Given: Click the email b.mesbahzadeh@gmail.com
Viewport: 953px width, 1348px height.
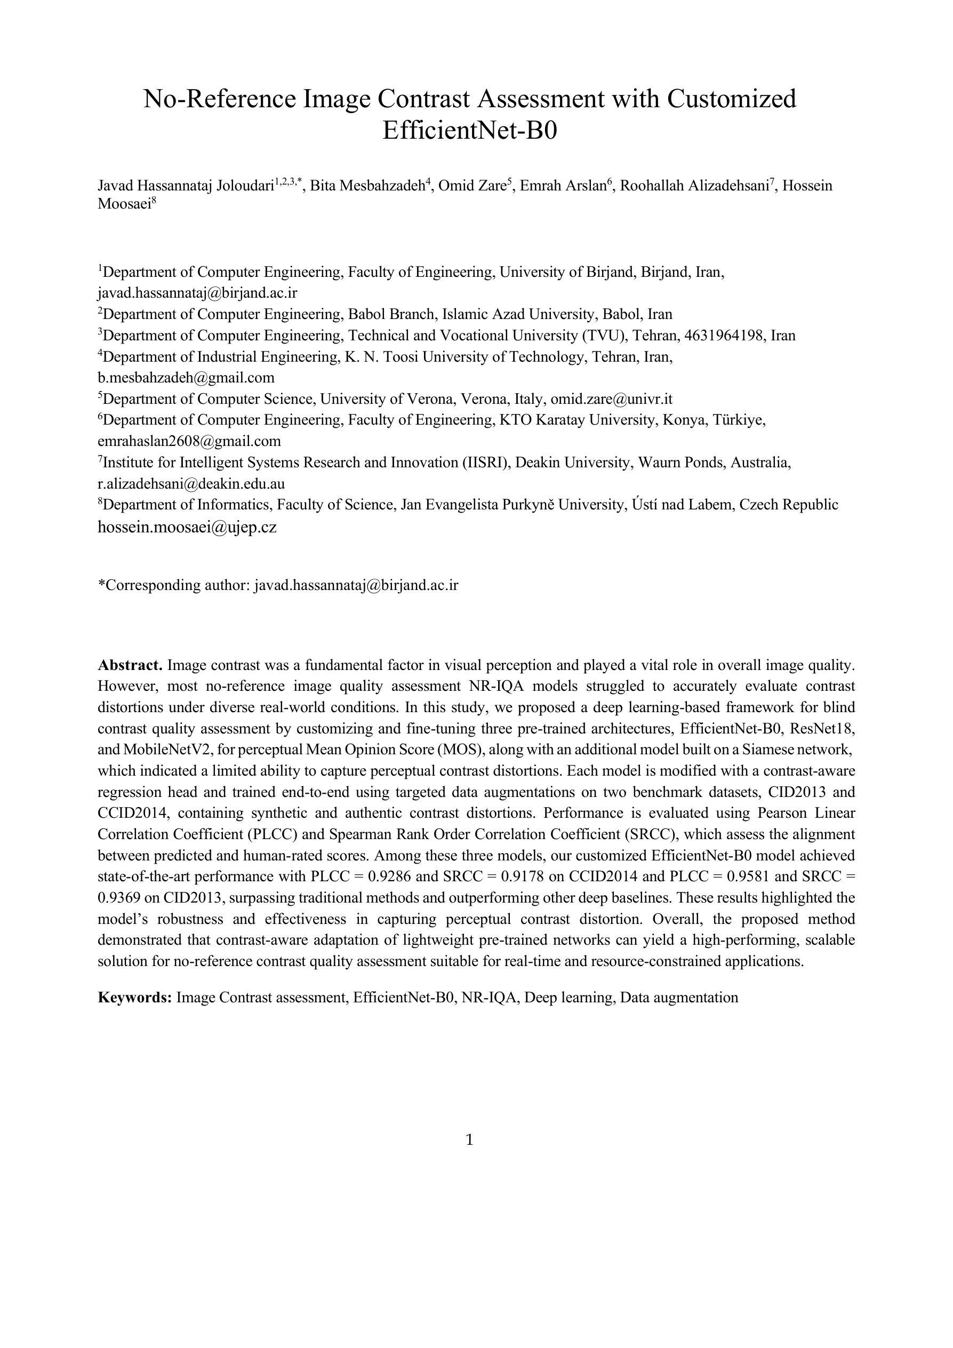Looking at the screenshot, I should (x=186, y=378).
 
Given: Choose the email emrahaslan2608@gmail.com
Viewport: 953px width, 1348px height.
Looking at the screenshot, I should (x=189, y=441).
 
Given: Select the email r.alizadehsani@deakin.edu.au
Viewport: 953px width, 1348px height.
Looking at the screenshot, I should (x=191, y=484).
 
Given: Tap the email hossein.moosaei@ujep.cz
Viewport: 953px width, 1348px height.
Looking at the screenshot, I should (x=187, y=527).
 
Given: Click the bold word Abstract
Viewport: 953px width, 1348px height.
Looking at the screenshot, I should (x=130, y=665).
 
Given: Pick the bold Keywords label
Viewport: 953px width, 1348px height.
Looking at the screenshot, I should (x=134, y=998).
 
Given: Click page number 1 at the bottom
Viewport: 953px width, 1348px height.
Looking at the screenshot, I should (x=469, y=1140).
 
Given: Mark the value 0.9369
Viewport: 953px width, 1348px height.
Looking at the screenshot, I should (x=121, y=898).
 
